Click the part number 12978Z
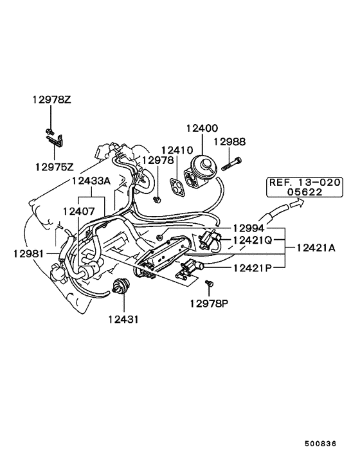coord(53,100)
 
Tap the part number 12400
coord(202,129)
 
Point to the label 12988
coord(230,142)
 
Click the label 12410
coord(177,150)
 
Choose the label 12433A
coord(91,181)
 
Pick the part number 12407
coord(78,210)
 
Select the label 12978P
coord(209,302)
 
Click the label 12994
coord(249,228)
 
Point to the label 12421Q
coord(253,241)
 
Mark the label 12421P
coord(253,267)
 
